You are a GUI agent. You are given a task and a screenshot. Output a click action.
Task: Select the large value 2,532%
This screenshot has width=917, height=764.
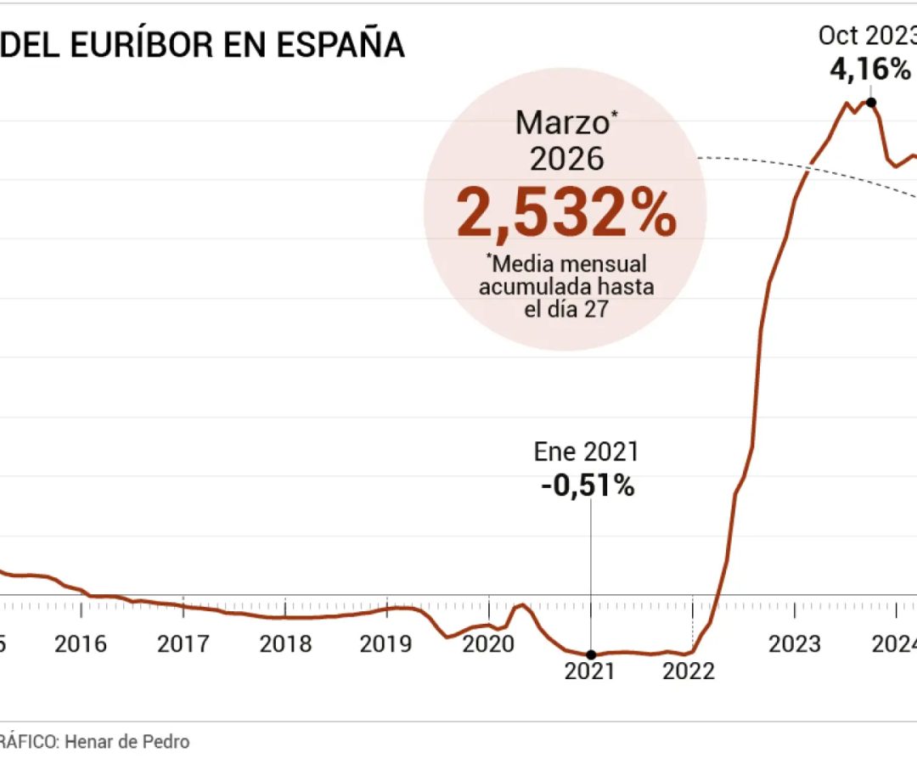pos(566,213)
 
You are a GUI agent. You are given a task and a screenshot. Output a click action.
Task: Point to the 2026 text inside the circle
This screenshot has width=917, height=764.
pos(566,159)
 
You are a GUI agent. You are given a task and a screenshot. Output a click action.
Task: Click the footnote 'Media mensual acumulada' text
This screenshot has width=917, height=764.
pos(566,275)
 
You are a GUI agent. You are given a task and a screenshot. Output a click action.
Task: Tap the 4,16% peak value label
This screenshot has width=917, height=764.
pos(870,69)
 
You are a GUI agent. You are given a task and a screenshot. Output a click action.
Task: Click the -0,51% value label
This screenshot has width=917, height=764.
pos(588,486)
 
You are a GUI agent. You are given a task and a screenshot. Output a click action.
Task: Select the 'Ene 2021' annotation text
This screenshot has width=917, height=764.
pos(586,452)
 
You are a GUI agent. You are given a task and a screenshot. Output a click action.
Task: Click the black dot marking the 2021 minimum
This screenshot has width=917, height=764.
pos(591,654)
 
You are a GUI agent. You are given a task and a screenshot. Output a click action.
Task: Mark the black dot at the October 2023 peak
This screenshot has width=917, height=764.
pos(870,102)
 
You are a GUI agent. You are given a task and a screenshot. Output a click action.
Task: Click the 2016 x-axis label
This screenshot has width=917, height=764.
pos(81,644)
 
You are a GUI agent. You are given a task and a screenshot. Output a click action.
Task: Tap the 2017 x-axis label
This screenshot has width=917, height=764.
pos(183,644)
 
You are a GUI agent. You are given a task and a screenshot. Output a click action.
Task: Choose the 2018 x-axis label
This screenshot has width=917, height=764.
pos(285,644)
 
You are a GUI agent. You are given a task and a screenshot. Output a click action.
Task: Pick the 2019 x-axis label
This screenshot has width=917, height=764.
pos(387,644)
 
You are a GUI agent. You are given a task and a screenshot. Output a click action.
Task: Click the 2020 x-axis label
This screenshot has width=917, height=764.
pos(488,644)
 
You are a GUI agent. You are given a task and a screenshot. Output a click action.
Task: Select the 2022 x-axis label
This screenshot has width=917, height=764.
pos(689,671)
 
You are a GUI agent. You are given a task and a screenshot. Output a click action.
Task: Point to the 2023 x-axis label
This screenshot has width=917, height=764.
pos(795,644)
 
